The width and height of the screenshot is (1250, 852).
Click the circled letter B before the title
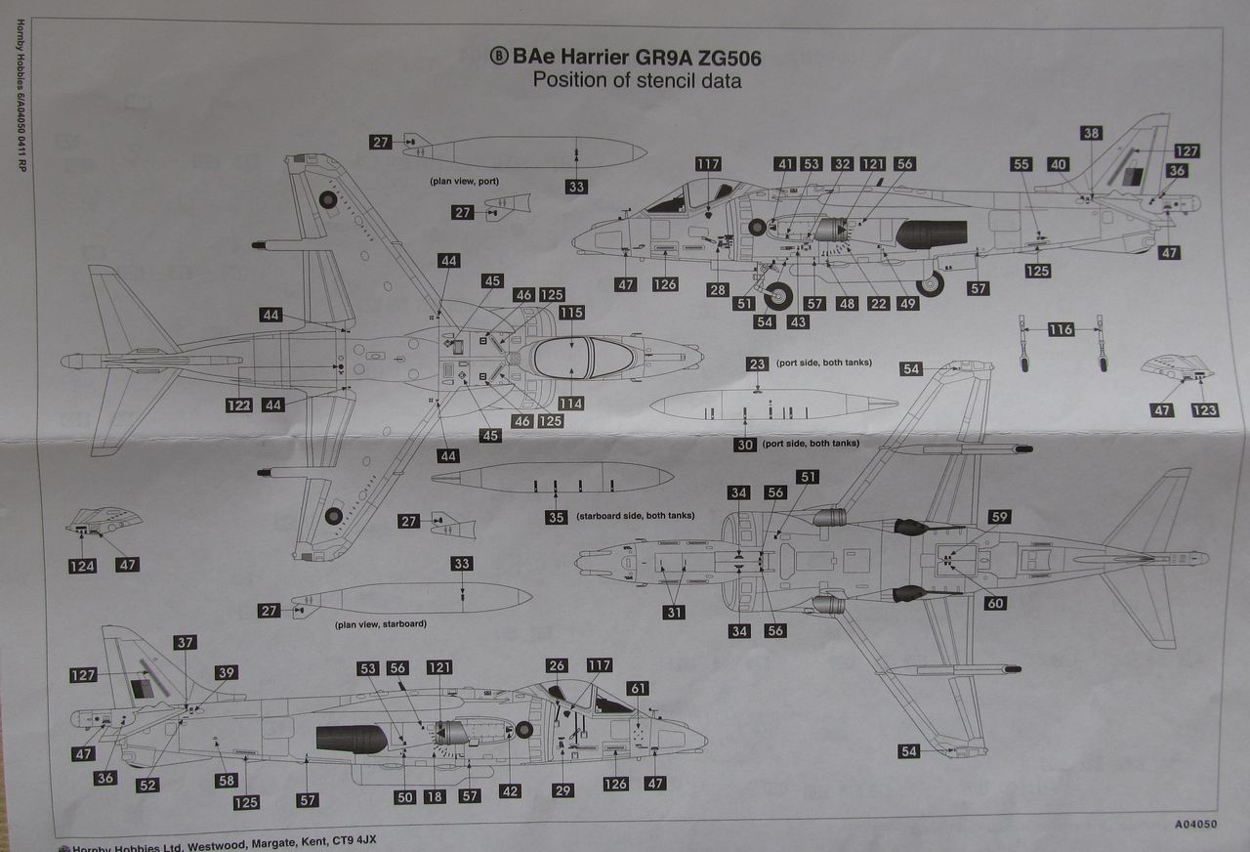[x=498, y=57]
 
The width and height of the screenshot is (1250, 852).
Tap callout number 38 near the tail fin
[x=1091, y=133]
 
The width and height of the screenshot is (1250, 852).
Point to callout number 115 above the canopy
[x=571, y=312]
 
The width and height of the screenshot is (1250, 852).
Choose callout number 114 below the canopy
[x=571, y=403]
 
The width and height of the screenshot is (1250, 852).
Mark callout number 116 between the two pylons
[x=1061, y=330]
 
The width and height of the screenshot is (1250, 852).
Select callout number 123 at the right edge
[x=1204, y=410]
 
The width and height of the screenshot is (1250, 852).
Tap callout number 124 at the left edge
[x=83, y=565]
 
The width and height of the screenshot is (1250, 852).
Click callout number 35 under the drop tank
[x=556, y=517]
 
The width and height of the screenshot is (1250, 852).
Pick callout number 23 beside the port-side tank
[x=758, y=363]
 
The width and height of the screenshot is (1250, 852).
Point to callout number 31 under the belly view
[x=674, y=613]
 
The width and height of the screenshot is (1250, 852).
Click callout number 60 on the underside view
[x=995, y=603]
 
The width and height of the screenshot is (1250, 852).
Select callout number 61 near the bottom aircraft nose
[x=638, y=689]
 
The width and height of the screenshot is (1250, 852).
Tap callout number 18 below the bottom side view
[x=435, y=796]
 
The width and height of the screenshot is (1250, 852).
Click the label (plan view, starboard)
[x=381, y=623]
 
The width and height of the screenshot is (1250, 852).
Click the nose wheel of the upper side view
[x=778, y=292]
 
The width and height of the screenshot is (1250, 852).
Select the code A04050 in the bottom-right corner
[x=1195, y=824]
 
